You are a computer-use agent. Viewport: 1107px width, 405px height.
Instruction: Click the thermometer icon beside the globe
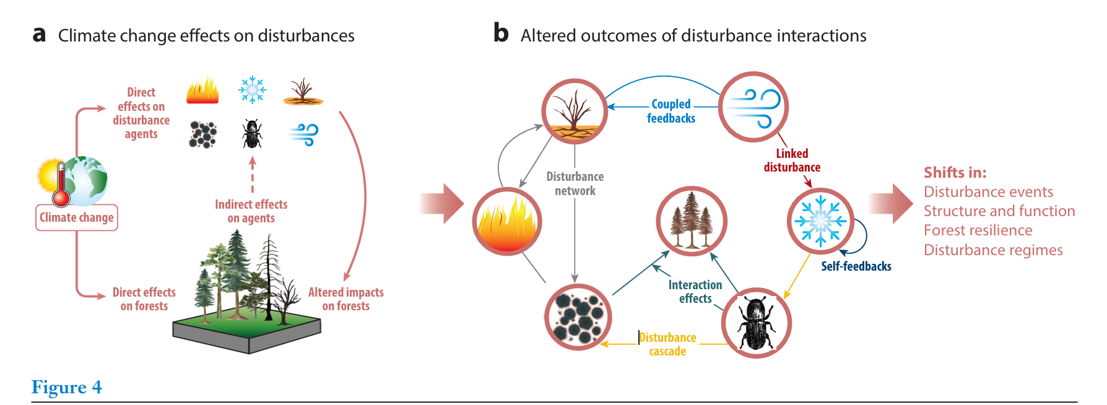coord(61,185)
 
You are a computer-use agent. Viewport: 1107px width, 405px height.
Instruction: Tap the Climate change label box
coord(77,217)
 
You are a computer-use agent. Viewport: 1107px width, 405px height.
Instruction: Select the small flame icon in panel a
coord(202,91)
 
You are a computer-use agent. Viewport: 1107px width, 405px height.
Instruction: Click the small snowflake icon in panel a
coord(252,90)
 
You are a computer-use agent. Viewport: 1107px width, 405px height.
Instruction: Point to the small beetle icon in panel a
coord(251,134)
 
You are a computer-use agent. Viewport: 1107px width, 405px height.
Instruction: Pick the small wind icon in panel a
coord(303,134)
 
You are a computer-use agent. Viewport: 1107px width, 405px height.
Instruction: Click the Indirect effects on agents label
coord(251,211)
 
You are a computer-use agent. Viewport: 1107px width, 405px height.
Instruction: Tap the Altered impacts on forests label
coord(345,298)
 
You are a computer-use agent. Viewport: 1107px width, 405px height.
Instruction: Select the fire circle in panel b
coord(507,221)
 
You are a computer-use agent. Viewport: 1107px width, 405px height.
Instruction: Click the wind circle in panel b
coord(753,107)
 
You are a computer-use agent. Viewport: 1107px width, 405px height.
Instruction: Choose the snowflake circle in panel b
coord(820,221)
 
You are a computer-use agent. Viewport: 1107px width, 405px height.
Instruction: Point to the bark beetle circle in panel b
coord(756,323)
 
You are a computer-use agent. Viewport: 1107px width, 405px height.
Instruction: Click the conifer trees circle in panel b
coord(691,221)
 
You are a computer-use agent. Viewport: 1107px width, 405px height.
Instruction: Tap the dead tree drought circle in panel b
coord(575,111)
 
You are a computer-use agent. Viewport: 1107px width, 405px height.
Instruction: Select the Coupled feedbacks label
coord(671,111)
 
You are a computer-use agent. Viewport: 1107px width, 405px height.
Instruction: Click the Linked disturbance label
coord(792,160)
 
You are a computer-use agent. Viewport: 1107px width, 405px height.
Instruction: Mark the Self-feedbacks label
coord(856,266)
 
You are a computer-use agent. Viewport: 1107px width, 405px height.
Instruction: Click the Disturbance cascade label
coord(667,344)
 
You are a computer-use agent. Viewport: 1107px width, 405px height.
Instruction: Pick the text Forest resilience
coord(978,230)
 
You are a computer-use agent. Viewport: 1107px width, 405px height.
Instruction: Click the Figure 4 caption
coord(66,388)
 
